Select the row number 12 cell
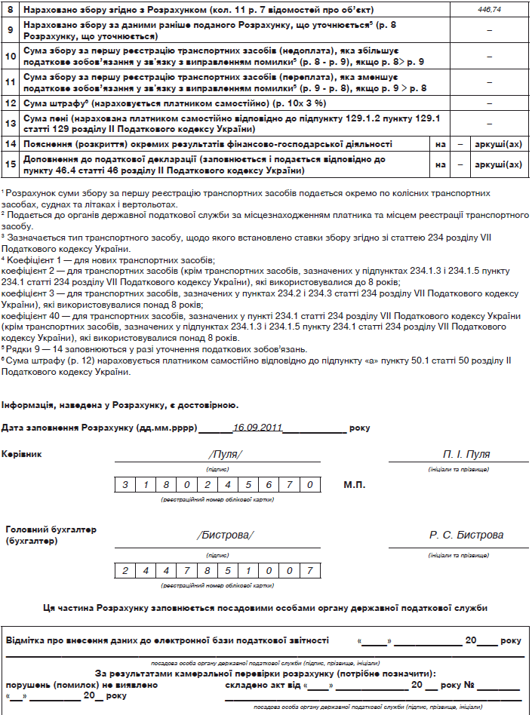pyautogui.click(x=11, y=102)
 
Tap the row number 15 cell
pyautogui.click(x=11, y=164)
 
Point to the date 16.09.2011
pyautogui.click(x=257, y=428)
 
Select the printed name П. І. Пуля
pyautogui.click(x=466, y=454)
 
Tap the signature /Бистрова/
pyautogui.click(x=225, y=535)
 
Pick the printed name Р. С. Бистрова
pyautogui.click(x=466, y=535)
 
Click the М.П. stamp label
pyautogui.click(x=355, y=484)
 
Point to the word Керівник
pyautogui.click(x=23, y=454)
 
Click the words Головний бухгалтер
pyautogui.click(x=51, y=529)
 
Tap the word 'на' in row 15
pyautogui.click(x=440, y=164)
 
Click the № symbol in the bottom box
pyautogui.click(x=468, y=686)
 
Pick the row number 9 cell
pyautogui.click(x=11, y=29)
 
